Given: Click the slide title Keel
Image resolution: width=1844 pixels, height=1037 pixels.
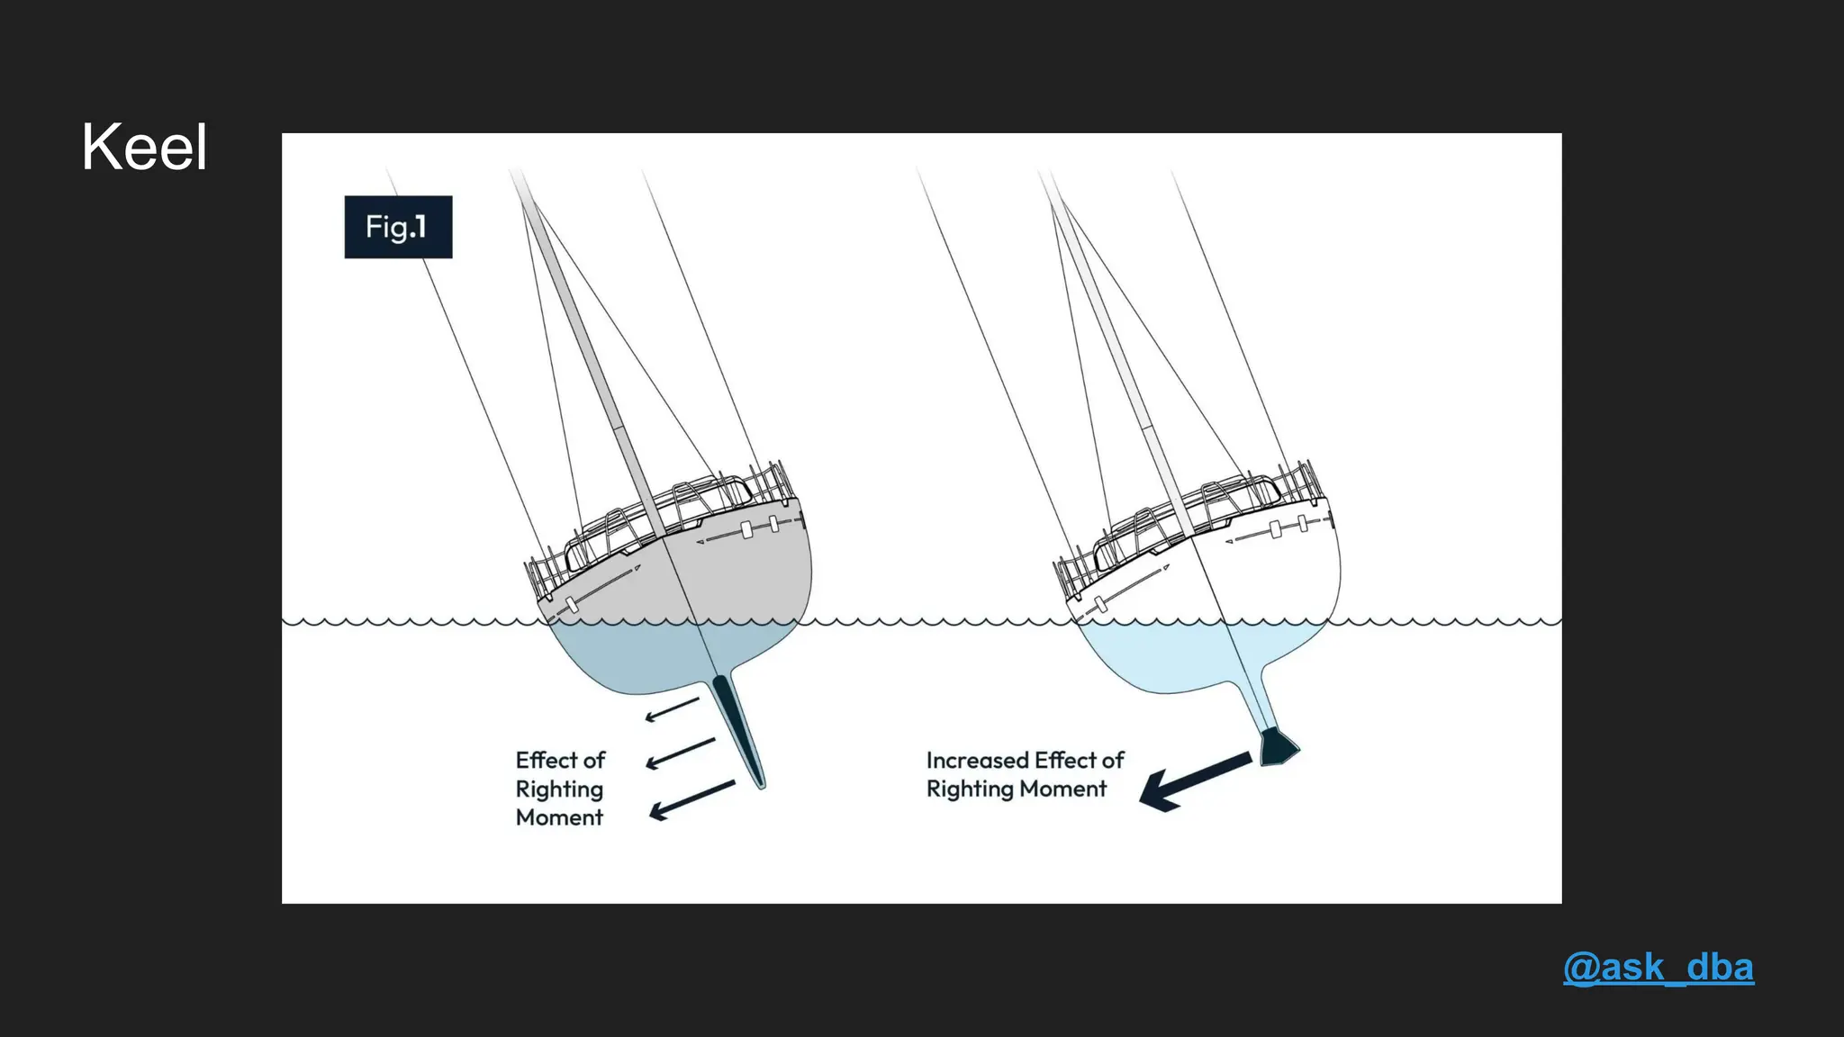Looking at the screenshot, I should pyautogui.click(x=144, y=147).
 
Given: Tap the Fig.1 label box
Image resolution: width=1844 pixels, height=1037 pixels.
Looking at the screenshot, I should pyautogui.click(x=398, y=227).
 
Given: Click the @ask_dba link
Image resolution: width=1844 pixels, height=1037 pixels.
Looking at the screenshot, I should pyautogui.click(x=1659, y=968).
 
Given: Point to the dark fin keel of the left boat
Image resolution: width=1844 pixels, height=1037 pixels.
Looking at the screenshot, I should pyautogui.click(x=740, y=729).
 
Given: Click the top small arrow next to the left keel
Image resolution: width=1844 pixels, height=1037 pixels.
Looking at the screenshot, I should pyautogui.click(x=672, y=710).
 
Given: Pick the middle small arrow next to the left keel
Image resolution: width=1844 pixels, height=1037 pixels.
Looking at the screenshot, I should pyautogui.click(x=681, y=753).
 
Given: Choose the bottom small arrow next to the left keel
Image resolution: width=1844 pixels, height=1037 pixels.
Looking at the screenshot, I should pyautogui.click(x=691, y=799).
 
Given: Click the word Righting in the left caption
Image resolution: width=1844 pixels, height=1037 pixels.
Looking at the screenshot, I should pyautogui.click(x=559, y=789).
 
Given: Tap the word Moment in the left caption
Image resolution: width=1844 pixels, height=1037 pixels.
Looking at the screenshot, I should pyautogui.click(x=559, y=817).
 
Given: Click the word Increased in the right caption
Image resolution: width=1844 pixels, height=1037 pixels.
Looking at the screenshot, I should pyautogui.click(x=977, y=761).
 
